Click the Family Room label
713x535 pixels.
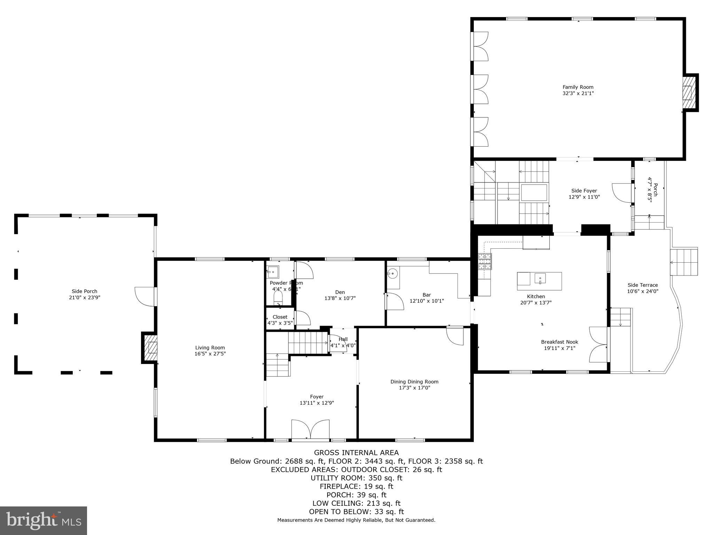click(578, 87)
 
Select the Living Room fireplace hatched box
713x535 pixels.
click(151, 348)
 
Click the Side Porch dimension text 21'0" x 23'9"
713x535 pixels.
click(85, 297)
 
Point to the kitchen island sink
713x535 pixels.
click(540, 279)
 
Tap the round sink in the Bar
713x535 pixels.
click(393, 273)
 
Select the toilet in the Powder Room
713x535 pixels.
click(278, 298)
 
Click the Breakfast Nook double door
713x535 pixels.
click(598, 344)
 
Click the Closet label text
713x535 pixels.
click(280, 317)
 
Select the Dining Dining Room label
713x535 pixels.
click(414, 382)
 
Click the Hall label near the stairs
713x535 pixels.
click(343, 339)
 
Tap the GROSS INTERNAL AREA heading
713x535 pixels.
click(356, 453)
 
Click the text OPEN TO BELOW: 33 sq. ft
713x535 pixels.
click(356, 512)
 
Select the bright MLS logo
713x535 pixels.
click(44, 520)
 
